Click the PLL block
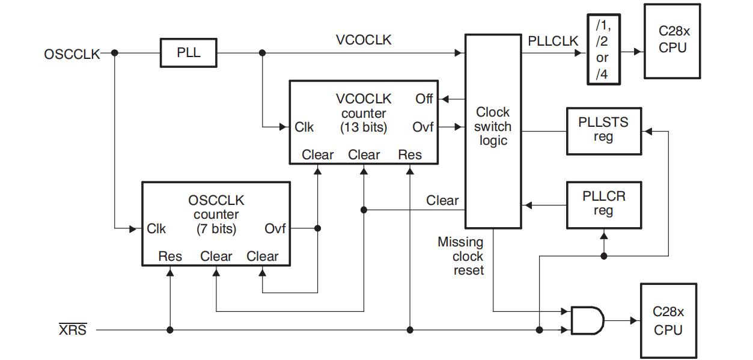coord(188,53)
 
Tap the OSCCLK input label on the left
coord(72,54)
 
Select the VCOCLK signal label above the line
coord(364,40)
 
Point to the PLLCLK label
coord(553,41)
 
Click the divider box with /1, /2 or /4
coord(602,50)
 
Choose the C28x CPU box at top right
coord(672,41)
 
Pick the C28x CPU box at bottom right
coord(668,321)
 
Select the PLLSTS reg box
coord(603,130)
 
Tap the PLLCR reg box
coord(603,204)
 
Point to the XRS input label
coord(72,330)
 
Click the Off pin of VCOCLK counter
coord(424,99)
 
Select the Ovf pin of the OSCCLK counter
coord(275,229)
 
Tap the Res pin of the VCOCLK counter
coord(410,154)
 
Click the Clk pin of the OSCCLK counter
coord(156,229)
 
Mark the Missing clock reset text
coord(462,256)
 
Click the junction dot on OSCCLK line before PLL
coord(115,53)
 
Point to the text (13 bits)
coord(364,127)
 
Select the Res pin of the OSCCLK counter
coord(170,257)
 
